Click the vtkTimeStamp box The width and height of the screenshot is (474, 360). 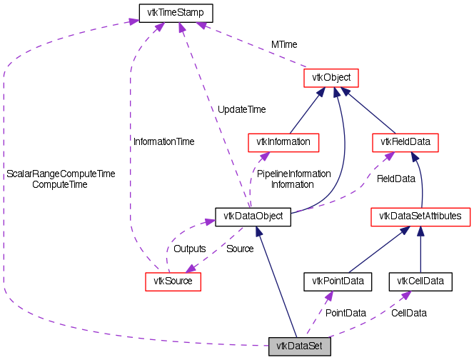pyautogui.click(x=166, y=12)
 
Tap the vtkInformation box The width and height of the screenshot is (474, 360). pyautogui.click(x=283, y=141)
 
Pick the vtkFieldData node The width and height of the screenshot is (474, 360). pyautogui.click(x=405, y=141)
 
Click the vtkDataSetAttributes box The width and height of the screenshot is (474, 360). pyautogui.click(x=420, y=216)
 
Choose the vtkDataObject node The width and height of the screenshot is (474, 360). pyautogui.click(x=253, y=216)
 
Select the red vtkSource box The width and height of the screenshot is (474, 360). pyautogui.click(x=173, y=281)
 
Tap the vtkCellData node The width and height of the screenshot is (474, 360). pyautogui.click(x=420, y=281)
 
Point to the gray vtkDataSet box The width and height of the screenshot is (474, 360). pyautogui.click(x=300, y=347)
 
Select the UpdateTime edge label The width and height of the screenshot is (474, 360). pyautogui.click(x=241, y=109)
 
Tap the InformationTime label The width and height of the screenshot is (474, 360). pyautogui.click(x=163, y=141)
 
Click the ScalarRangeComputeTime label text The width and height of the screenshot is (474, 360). pyautogui.click(x=61, y=174)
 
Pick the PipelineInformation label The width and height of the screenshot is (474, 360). pyautogui.click(x=293, y=174)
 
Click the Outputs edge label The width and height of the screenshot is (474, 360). pyautogui.click(x=190, y=249)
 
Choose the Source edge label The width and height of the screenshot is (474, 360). pyautogui.click(x=240, y=249)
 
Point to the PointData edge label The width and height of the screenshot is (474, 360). pyautogui.click(x=346, y=313)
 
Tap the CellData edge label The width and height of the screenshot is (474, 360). pyautogui.click(x=414, y=313)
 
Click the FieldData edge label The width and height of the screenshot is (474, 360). pyautogui.click(x=395, y=178)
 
